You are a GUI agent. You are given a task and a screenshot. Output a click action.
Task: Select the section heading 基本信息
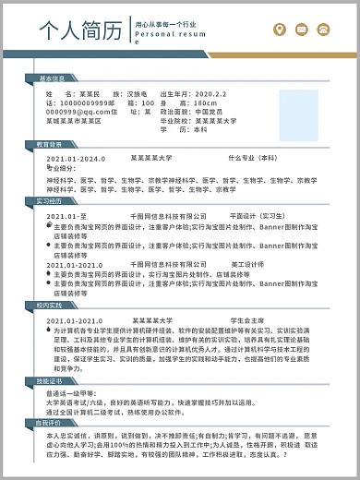click(53, 78)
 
